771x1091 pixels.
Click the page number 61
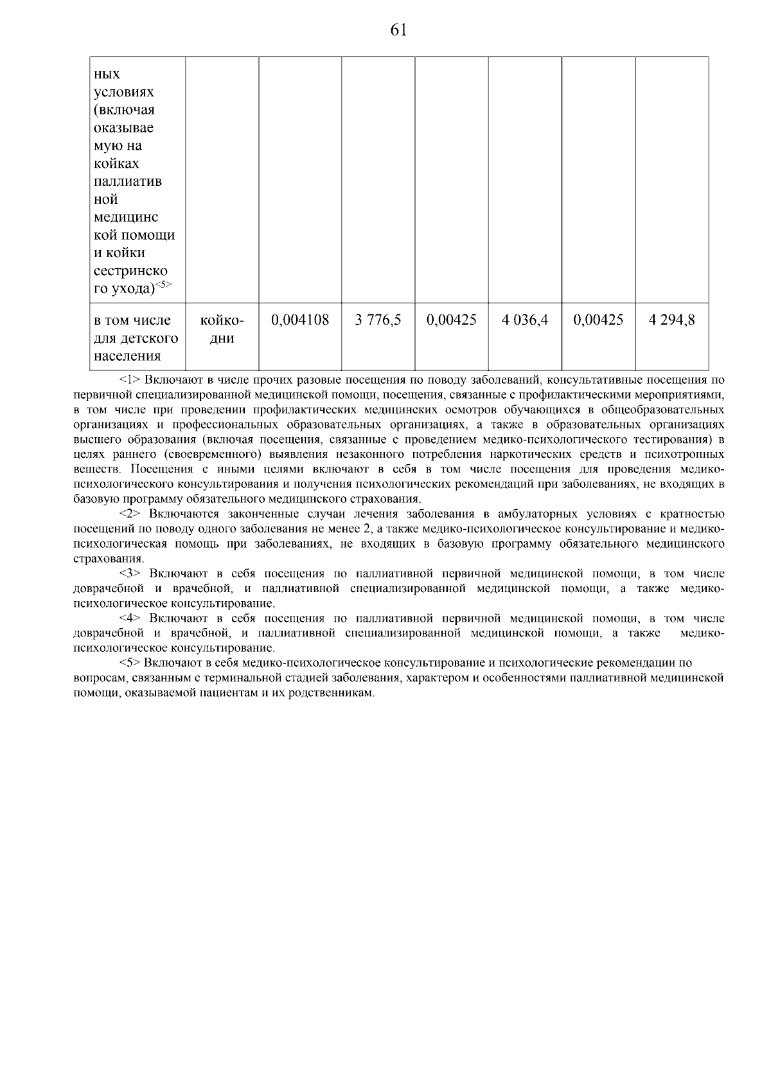coord(398,30)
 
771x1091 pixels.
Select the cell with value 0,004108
coord(300,320)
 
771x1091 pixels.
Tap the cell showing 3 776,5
coord(378,320)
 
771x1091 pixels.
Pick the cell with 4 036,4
coord(525,320)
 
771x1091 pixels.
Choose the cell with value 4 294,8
coord(671,320)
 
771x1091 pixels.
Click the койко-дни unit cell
coord(222,329)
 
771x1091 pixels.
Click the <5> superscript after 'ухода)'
coord(164,284)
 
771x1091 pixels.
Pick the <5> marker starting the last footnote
coord(130,663)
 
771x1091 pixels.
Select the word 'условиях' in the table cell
coord(124,92)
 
